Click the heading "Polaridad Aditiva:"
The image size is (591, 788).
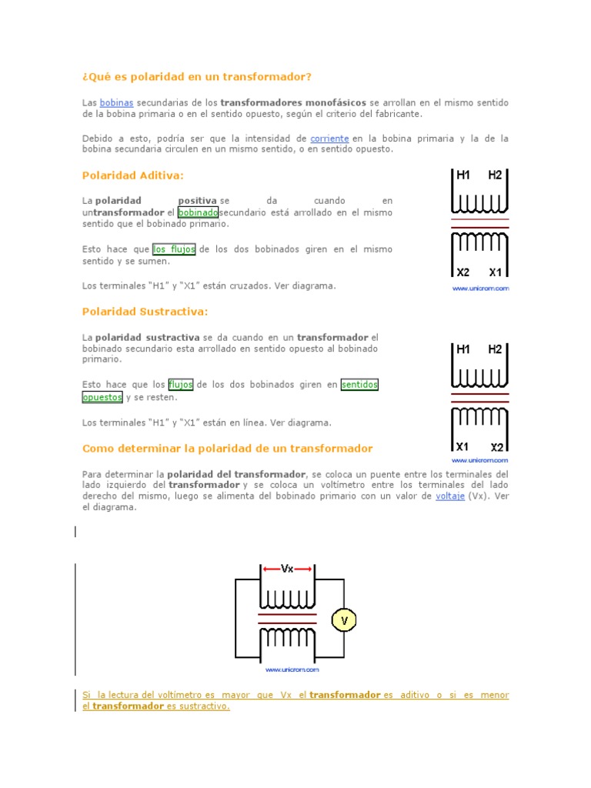[x=133, y=175]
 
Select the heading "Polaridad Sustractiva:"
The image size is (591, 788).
[x=145, y=312]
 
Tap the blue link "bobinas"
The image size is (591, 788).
[x=117, y=102]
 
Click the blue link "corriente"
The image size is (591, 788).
[x=329, y=139]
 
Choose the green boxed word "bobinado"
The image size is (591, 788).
[x=198, y=212]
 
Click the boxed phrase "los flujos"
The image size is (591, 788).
[x=174, y=249]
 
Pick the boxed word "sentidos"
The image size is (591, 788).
[x=359, y=384]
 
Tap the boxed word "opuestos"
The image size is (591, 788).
[x=102, y=397]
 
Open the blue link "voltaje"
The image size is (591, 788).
[x=450, y=496]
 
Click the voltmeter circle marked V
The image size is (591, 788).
[x=344, y=619]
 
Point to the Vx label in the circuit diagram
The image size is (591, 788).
[x=287, y=569]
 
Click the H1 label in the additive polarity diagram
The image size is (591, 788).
[x=463, y=175]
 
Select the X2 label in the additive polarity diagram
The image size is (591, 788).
[x=463, y=272]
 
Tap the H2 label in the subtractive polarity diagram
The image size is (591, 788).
[x=495, y=349]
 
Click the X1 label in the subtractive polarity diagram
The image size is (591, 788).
[x=462, y=446]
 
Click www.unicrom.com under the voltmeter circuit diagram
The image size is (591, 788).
[x=286, y=670]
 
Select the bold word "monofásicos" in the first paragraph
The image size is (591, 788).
[x=336, y=102]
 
